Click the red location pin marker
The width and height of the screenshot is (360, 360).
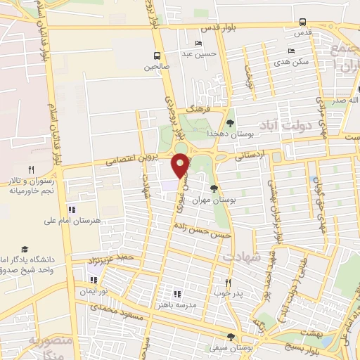(181, 165)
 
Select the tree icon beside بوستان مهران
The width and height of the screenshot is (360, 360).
(214, 188)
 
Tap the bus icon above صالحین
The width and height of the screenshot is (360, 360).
(157, 56)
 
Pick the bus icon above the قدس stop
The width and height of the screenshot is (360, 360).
(302, 22)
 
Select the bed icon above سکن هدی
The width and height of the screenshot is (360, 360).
(292, 51)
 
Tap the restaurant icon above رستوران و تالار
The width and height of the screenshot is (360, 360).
(31, 169)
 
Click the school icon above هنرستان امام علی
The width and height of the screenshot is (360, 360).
(70, 210)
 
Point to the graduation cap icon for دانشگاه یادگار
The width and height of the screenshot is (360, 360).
(25, 250)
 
